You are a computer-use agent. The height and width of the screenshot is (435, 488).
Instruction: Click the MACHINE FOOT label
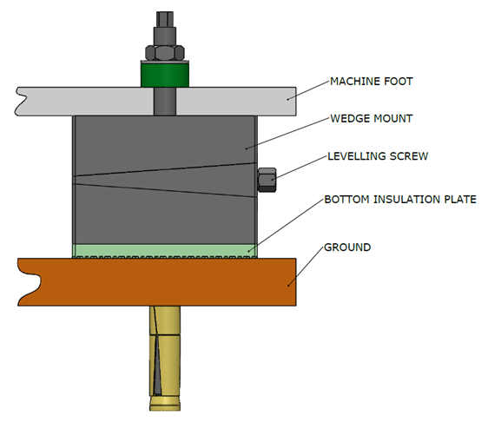pyautogui.click(x=370, y=82)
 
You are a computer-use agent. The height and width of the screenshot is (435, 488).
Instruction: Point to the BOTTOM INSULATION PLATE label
pyautogui.click(x=399, y=199)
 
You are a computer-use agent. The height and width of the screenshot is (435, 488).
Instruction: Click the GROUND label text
pyautogui.click(x=347, y=247)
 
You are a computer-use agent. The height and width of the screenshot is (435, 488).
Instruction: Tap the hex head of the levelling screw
pyautogui.click(x=267, y=180)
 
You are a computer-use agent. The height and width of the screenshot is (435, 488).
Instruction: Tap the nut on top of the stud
pyautogui.click(x=164, y=49)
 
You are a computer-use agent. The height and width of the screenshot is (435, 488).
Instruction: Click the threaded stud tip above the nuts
pyautogui.click(x=164, y=18)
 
